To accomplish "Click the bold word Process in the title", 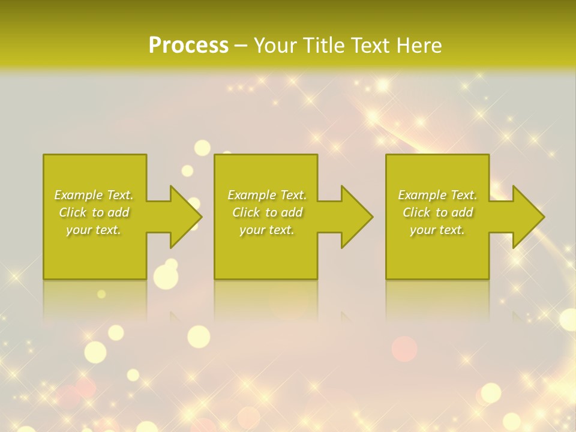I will coord(188,45).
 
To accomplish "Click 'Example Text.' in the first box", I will coord(94,195).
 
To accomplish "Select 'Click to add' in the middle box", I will coord(267,212).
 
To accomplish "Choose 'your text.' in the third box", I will coord(437,230).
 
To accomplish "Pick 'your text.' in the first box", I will coord(94,230).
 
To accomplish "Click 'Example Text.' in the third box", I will coord(437,195).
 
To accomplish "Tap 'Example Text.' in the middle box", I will coord(267,195).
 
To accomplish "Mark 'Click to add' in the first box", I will coord(94,212).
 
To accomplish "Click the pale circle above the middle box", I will coord(203,148).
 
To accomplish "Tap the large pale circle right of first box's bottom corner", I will coord(166,277).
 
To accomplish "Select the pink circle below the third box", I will coord(404,349).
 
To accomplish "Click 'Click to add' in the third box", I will coord(437,212).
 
